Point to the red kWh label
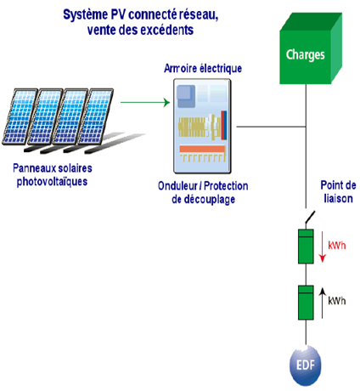pyautogui.click(x=337, y=246)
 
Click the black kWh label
pyautogui.click(x=337, y=300)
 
